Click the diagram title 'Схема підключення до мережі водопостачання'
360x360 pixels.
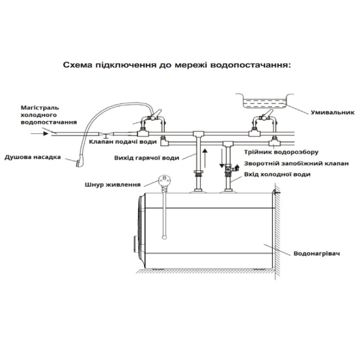177,65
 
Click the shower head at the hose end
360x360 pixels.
80,158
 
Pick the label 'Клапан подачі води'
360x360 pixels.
123,142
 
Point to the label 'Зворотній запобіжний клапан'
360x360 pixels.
296,164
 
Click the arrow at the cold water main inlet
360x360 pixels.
45,133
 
